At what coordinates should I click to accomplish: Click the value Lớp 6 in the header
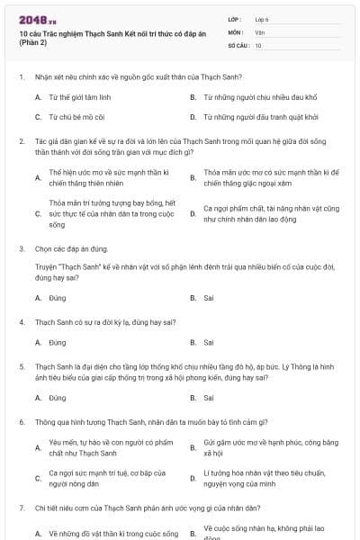[x=261, y=19]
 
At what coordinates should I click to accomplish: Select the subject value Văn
[x=259, y=31]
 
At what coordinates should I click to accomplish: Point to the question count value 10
[x=258, y=44]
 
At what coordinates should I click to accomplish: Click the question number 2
[x=21, y=141]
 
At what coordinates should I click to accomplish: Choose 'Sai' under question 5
[x=209, y=397]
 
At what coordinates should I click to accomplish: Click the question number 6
[x=21, y=421]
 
